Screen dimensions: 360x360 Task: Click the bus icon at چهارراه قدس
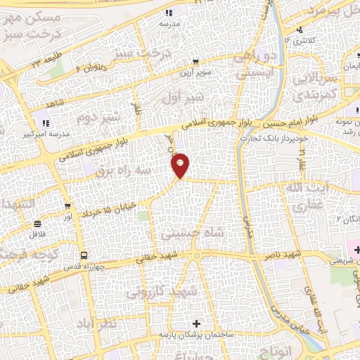click(x=84, y=255)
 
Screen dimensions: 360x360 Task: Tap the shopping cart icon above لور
click(x=67, y=206)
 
